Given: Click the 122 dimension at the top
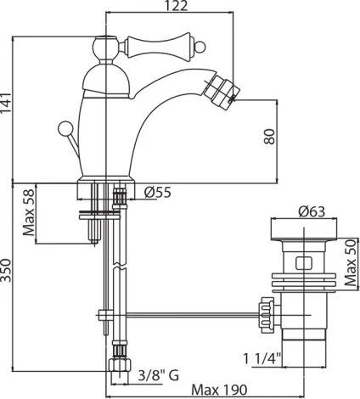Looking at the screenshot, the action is (x=177, y=5).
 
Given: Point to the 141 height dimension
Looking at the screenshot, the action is (x=6, y=103).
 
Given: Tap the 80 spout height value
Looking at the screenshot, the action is (x=269, y=137).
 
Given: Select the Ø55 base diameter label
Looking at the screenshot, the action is (x=158, y=193).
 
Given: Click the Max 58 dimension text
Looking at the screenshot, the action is (x=29, y=212).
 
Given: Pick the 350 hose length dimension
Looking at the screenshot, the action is (x=6, y=270).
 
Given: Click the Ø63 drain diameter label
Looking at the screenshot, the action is (x=312, y=211).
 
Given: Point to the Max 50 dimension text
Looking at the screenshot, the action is (x=351, y=262).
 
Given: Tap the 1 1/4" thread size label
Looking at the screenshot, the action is (x=262, y=359).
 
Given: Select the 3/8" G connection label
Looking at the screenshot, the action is (x=159, y=375).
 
